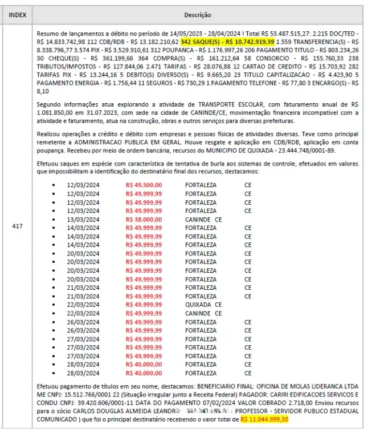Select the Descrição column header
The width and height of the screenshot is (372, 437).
198,15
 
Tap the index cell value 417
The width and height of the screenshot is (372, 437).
17,226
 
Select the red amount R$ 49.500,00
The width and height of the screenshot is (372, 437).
144,185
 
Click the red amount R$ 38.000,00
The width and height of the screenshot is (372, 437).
144,219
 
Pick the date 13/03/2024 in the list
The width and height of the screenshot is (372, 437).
83,219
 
